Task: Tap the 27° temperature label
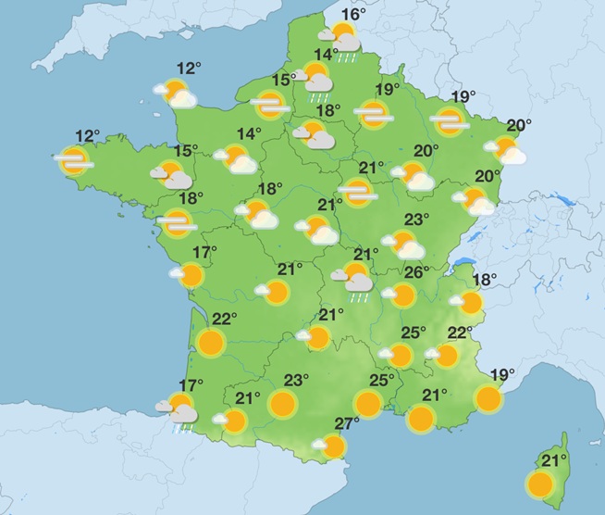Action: click(346, 424)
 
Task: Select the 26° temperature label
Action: click(415, 272)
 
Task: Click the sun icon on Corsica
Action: click(538, 484)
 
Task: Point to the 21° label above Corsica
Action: click(553, 460)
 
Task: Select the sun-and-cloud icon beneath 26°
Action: click(401, 295)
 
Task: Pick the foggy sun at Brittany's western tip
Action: click(73, 161)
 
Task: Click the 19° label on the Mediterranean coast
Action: click(501, 375)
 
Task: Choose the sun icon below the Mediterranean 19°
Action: click(488, 398)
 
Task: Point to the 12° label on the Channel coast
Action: click(190, 68)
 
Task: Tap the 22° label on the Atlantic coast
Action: click(225, 319)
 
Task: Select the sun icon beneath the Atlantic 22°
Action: click(212, 343)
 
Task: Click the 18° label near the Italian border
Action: click(485, 279)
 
